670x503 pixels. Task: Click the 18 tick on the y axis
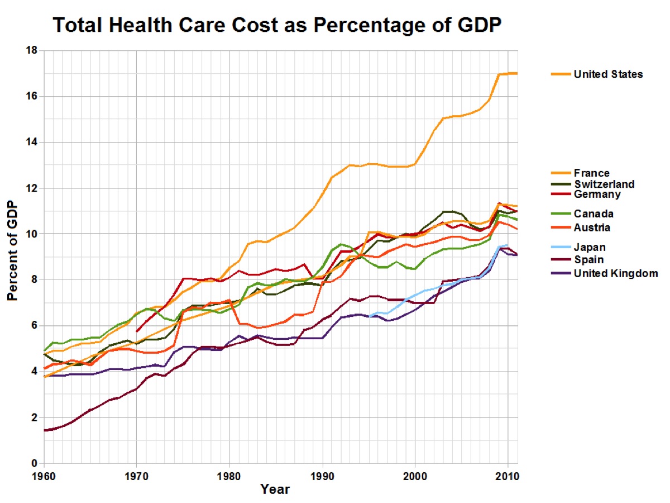[32, 50]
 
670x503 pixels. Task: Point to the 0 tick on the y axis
[34, 463]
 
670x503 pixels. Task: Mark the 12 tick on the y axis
[32, 188]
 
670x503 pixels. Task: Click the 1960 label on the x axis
[44, 476]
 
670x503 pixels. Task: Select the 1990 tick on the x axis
[322, 476]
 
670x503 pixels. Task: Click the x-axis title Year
[275, 490]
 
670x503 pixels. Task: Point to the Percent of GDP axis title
[12, 250]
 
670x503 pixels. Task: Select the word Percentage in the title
[370, 26]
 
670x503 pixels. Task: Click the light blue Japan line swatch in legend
[561, 247]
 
